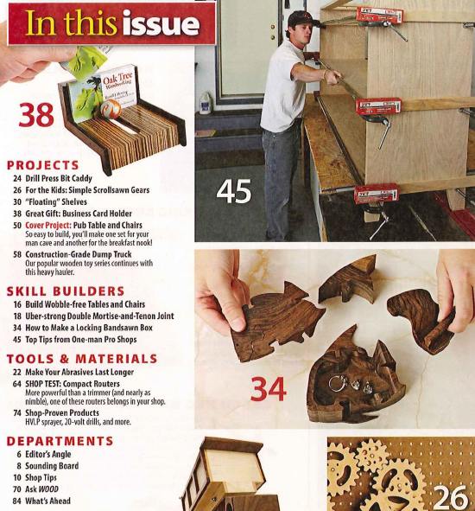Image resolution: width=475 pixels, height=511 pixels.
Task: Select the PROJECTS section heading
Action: pyautogui.click(x=42, y=165)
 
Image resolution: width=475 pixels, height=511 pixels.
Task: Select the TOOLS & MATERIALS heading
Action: pyautogui.click(x=81, y=358)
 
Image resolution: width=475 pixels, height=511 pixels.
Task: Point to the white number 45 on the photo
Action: pyautogui.click(x=233, y=191)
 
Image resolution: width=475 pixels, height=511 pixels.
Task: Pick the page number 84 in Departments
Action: pyautogui.click(x=17, y=501)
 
